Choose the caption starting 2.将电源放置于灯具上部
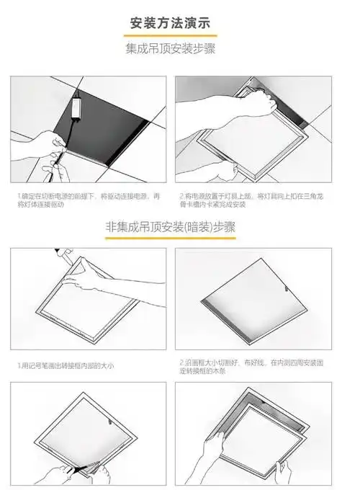click(x=253, y=200)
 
